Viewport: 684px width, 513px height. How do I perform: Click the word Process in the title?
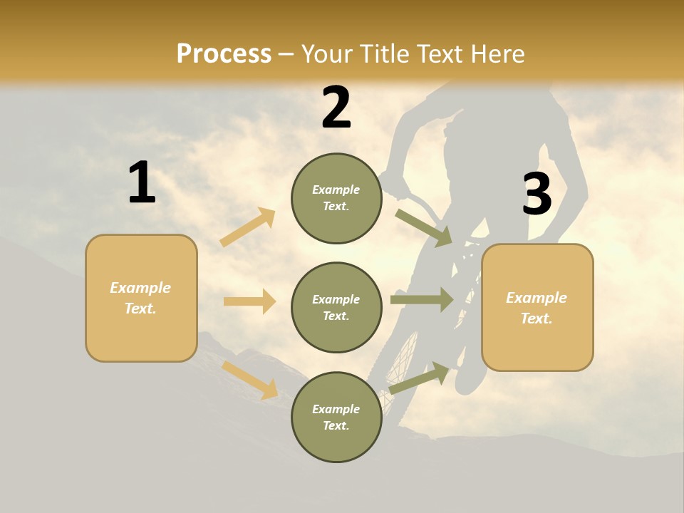tap(224, 53)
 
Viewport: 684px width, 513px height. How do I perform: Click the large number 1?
tap(142, 182)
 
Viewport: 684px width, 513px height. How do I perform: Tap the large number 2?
tap(336, 108)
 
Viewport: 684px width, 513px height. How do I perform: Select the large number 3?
tap(537, 194)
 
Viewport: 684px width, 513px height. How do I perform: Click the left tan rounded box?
tap(141, 298)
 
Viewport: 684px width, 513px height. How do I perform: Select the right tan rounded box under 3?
tap(537, 307)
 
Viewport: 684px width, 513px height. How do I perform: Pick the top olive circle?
tap(336, 198)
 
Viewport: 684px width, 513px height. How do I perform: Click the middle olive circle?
tap(336, 307)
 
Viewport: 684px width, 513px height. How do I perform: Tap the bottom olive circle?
tap(336, 417)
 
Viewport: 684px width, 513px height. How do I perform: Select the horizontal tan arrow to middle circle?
tap(249, 301)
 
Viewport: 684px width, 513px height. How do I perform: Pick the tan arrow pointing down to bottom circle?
tap(250, 380)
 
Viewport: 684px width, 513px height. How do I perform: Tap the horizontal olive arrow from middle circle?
tap(422, 299)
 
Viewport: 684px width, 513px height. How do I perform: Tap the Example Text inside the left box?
tap(140, 298)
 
